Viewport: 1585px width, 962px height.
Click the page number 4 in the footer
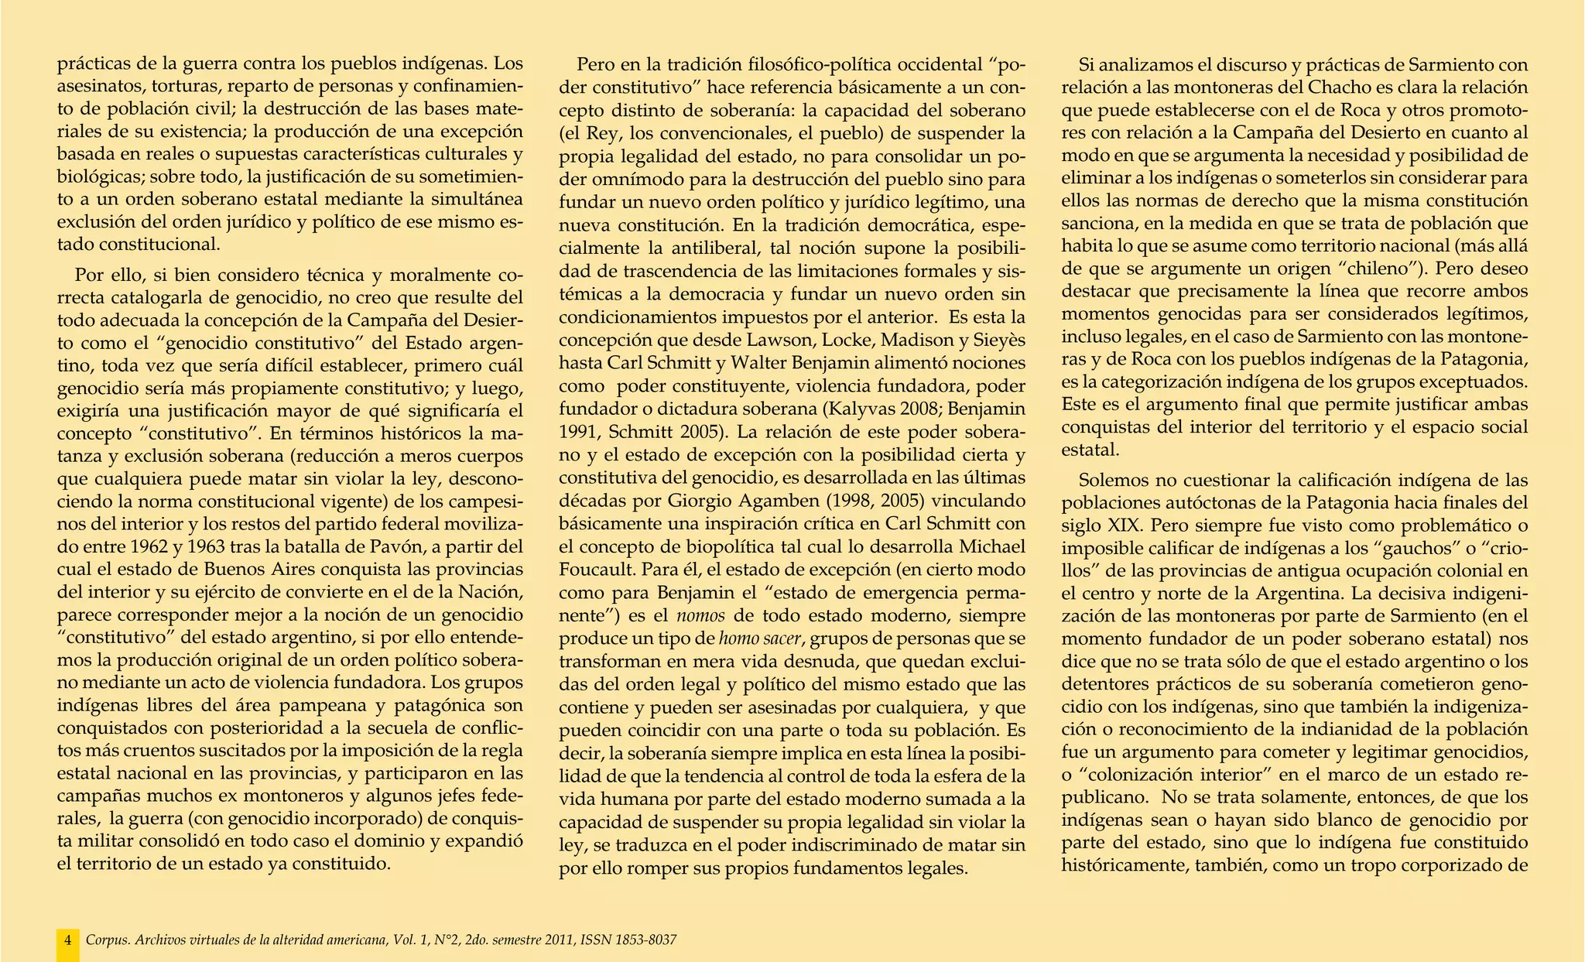click(68, 940)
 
